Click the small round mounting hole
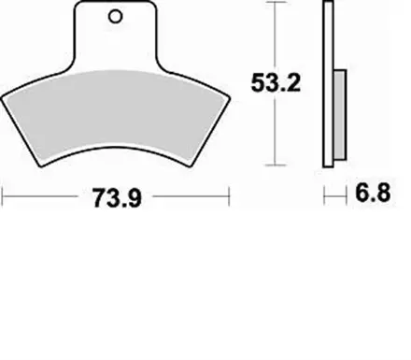115,17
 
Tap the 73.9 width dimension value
117,198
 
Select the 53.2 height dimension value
276,83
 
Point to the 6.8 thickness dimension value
373,193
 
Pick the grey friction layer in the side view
340,115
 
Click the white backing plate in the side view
328,84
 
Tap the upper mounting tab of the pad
115,36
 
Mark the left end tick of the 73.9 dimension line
3,196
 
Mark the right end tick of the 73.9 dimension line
229,196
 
